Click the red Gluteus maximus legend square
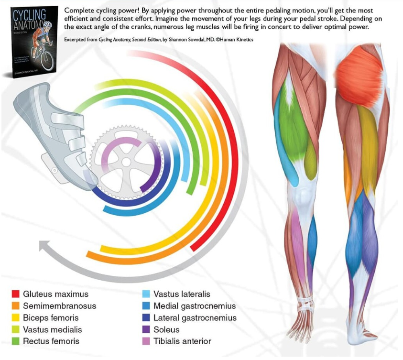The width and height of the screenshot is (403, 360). tap(15, 295)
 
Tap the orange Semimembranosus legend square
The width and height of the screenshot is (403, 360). tap(15, 306)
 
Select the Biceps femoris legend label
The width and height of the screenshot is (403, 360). tap(51, 318)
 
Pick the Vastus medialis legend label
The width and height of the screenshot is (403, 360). tap(52, 330)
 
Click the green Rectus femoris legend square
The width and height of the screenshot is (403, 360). tap(15, 341)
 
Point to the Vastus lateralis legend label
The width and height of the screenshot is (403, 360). tap(182, 295)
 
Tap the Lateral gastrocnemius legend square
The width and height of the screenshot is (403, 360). tap(146, 318)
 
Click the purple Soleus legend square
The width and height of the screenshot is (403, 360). tap(146, 330)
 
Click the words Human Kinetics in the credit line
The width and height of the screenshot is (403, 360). tap(238, 40)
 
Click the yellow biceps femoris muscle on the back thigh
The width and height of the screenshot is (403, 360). tap(368, 143)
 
